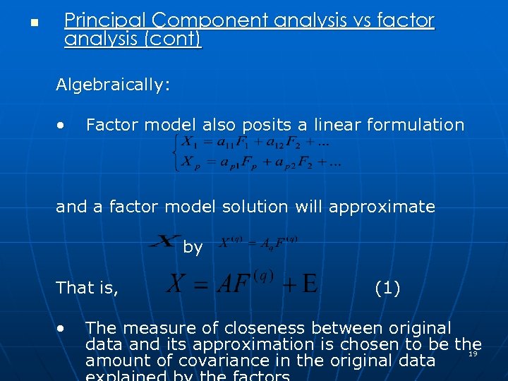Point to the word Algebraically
coord(113,85)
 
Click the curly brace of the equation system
coord(175,152)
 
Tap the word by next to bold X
coord(193,247)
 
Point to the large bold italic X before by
coord(164,242)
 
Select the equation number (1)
coord(387,288)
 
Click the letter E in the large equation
coord(308,284)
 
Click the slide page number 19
coord(473,354)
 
